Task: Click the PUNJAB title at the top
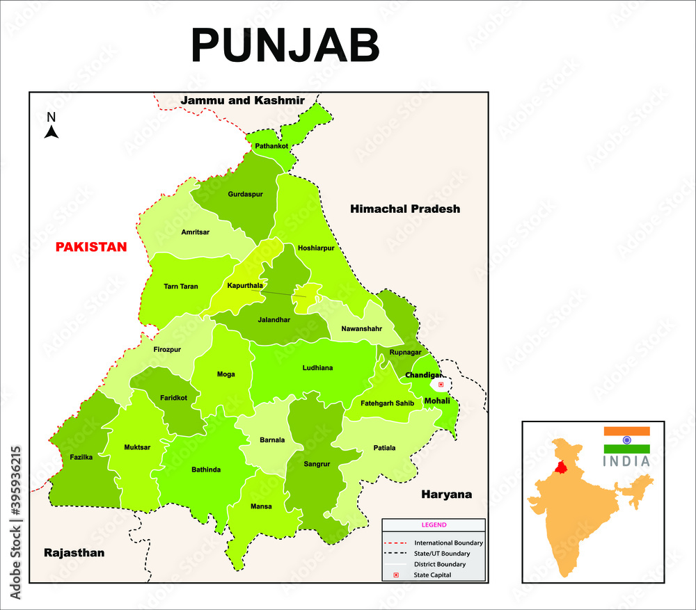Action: (x=285, y=46)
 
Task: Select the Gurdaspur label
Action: (x=245, y=194)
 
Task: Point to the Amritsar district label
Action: (x=195, y=232)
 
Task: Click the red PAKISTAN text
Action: (x=91, y=247)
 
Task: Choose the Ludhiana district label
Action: (x=317, y=367)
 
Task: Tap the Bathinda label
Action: (x=206, y=469)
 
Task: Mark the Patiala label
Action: (x=383, y=448)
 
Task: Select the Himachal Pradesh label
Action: (x=404, y=209)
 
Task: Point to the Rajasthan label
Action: (x=74, y=553)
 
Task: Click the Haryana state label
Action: (x=446, y=495)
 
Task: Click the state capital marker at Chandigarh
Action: (x=441, y=383)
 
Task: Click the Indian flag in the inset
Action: (x=626, y=440)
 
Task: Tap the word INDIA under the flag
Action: (x=626, y=461)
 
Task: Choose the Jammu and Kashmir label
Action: (x=242, y=100)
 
